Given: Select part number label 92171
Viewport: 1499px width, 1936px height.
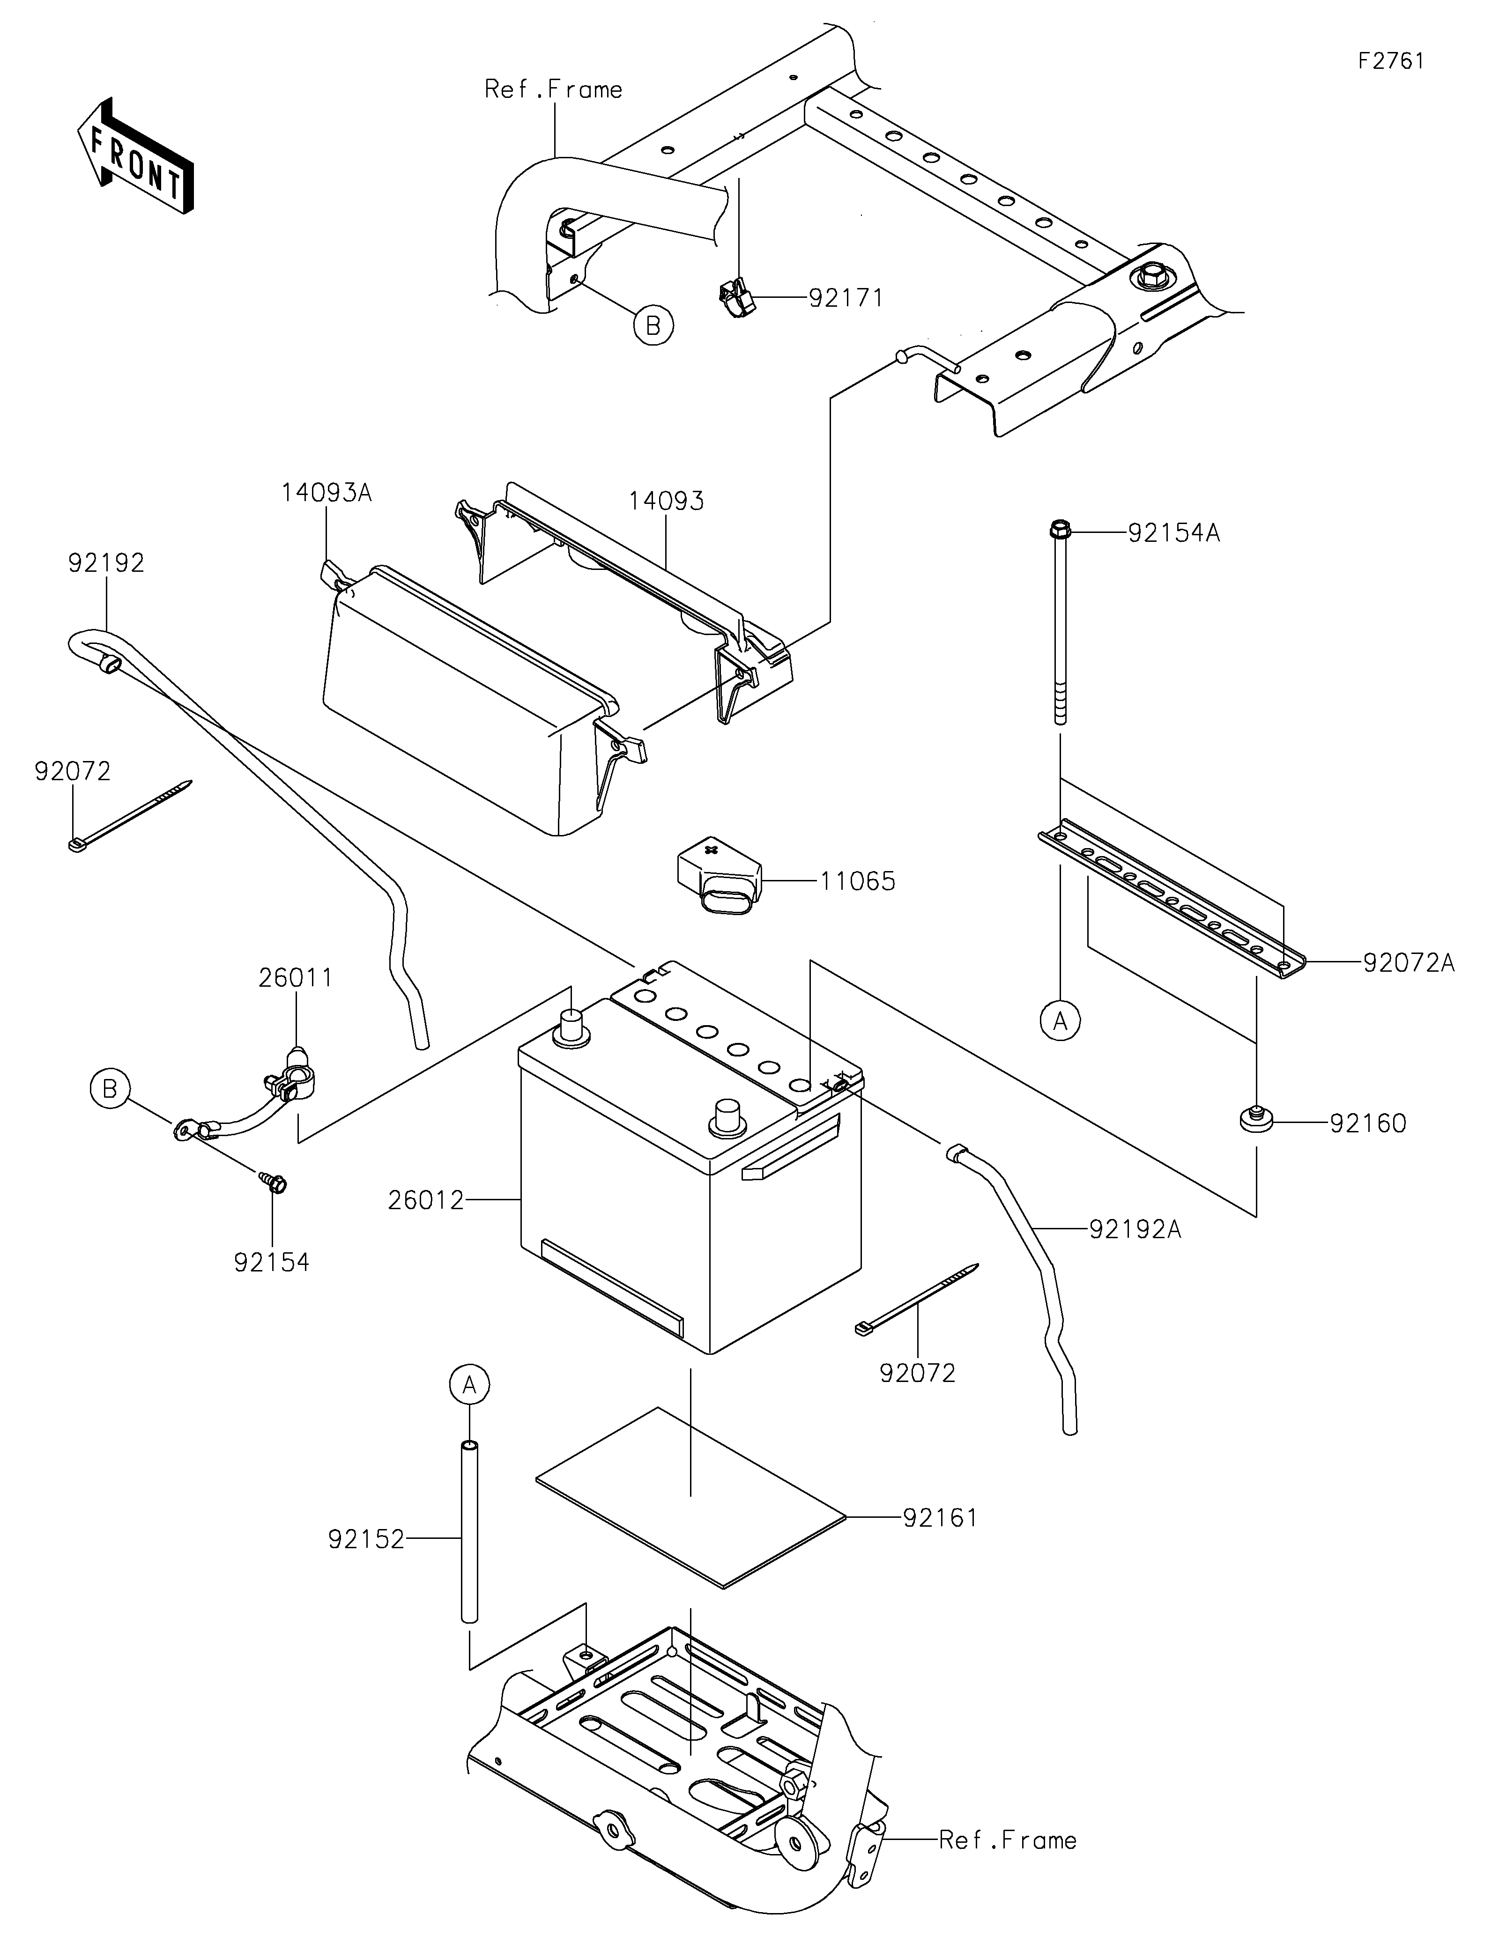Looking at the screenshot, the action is click(846, 298).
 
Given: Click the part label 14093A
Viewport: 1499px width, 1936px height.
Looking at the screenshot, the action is click(326, 493).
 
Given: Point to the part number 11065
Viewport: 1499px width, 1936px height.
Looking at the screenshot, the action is click(857, 882).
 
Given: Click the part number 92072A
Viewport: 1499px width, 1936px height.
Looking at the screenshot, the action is click(1409, 963).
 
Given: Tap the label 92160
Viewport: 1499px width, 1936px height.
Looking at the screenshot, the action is click(1368, 1124).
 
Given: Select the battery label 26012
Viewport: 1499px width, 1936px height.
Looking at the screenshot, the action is click(425, 1200).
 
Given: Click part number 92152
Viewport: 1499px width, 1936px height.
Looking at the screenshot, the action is click(366, 1540).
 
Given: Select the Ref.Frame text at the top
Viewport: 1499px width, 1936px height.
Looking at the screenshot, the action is click(553, 89).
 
